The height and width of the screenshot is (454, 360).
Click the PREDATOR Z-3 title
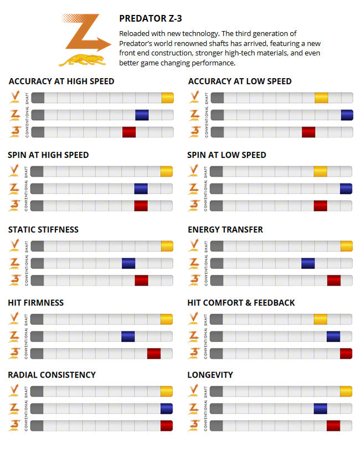point(151,19)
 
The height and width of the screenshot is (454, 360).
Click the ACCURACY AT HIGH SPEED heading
point(61,81)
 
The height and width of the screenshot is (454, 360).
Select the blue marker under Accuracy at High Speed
point(142,115)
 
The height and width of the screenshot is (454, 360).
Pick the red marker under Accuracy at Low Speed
point(308,132)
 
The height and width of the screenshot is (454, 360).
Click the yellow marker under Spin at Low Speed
point(320,172)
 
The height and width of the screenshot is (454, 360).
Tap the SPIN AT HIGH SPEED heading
point(48,155)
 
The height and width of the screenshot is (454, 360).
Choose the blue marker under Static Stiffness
point(128,263)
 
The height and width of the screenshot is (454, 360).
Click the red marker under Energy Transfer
point(333,280)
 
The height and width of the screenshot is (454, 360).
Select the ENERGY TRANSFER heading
point(225,229)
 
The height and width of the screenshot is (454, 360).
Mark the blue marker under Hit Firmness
point(128,336)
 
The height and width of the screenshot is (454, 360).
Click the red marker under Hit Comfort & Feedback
point(346,354)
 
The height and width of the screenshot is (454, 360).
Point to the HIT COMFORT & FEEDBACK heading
point(241,303)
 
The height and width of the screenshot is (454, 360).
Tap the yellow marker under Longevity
point(346,391)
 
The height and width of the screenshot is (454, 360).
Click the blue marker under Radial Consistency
point(166,409)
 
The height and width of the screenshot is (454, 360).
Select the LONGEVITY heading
point(210,375)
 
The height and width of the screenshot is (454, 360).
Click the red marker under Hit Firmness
point(153,354)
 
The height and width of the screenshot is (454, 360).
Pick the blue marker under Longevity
point(320,409)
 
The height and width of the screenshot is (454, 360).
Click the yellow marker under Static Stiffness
point(166,246)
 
